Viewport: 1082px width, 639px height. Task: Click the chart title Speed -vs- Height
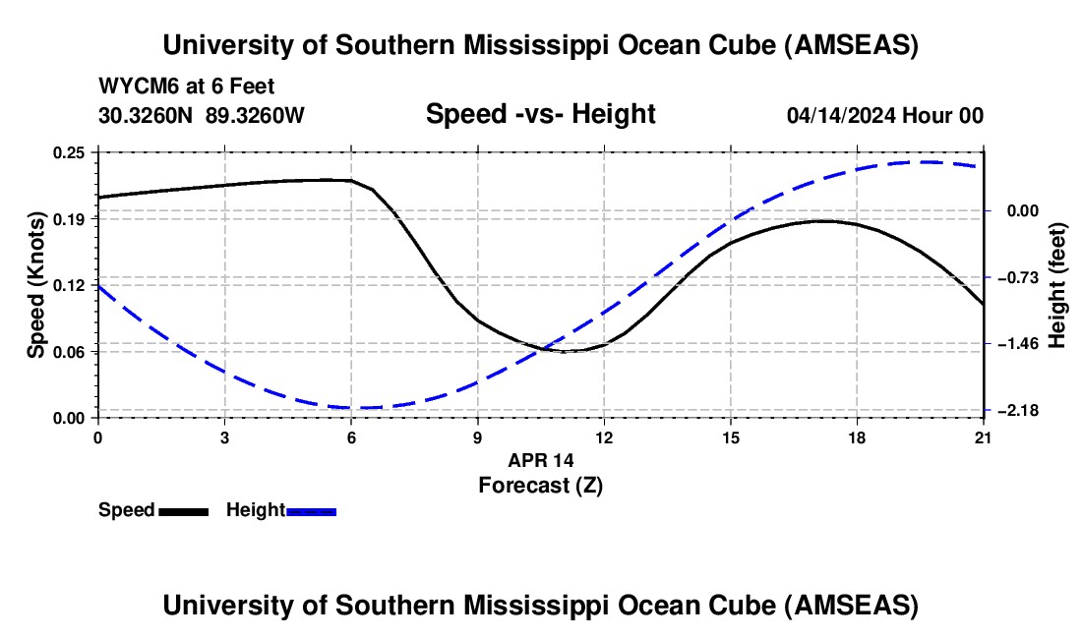click(x=540, y=114)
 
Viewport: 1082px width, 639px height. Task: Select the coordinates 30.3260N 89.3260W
click(x=202, y=115)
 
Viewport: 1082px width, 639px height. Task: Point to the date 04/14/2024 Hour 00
click(x=884, y=115)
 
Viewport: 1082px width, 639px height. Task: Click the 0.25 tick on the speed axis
click(x=69, y=152)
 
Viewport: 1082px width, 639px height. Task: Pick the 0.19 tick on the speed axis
click(x=69, y=218)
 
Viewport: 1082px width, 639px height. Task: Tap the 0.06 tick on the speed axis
click(x=69, y=351)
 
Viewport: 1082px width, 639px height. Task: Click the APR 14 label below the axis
click(x=540, y=460)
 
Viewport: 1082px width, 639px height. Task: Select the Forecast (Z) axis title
click(x=540, y=485)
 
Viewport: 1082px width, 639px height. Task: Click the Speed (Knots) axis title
click(x=36, y=284)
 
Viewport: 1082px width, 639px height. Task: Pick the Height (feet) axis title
click(x=1058, y=284)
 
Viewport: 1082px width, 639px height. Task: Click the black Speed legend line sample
click(x=183, y=510)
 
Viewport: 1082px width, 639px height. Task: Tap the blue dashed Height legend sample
click(x=312, y=510)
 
